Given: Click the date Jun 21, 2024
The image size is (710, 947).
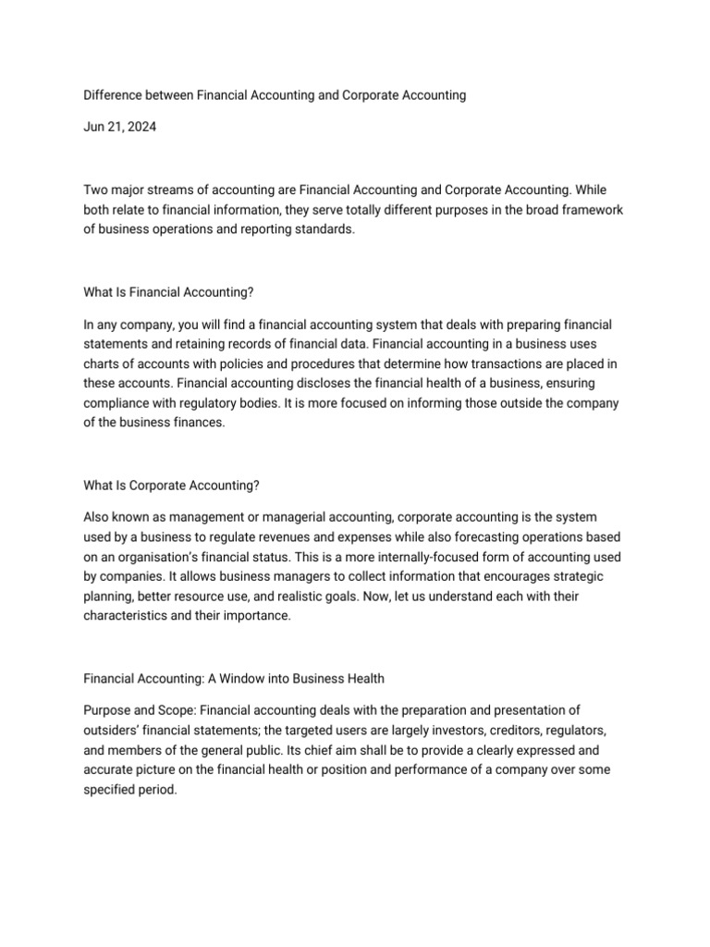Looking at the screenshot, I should pyautogui.click(x=120, y=128).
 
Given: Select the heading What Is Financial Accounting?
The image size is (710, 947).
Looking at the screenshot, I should pyautogui.click(x=168, y=292).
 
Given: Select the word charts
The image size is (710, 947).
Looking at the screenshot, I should pyautogui.click(x=103, y=364).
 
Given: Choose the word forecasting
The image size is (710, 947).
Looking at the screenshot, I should pyautogui.click(x=482, y=537).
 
